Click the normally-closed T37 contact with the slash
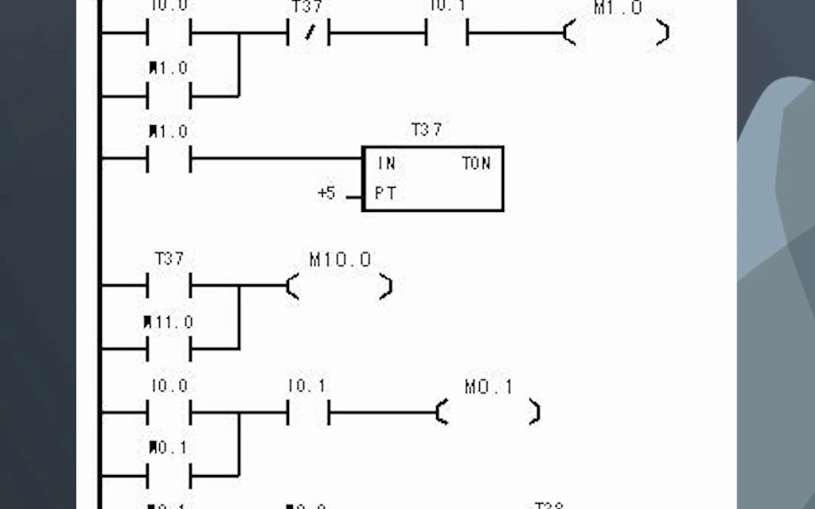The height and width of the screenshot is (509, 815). (x=309, y=34)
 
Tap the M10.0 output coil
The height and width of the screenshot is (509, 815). (x=340, y=287)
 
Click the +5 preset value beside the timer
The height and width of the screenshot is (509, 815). (x=326, y=194)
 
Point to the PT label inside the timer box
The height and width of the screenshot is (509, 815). (x=386, y=194)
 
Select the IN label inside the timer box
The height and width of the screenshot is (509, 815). (x=386, y=163)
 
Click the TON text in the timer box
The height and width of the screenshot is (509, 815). (x=476, y=163)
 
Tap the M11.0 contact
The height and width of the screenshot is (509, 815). (x=169, y=349)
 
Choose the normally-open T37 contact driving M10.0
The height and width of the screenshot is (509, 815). (x=169, y=287)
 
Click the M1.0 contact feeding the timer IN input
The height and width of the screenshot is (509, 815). (x=169, y=159)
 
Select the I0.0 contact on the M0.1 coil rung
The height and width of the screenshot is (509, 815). (x=169, y=412)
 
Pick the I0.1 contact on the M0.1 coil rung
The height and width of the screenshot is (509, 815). (x=308, y=412)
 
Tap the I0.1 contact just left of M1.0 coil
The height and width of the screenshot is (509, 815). (x=447, y=34)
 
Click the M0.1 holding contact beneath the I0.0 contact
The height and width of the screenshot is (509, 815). (x=169, y=476)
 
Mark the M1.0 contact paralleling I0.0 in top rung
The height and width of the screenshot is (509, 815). (x=169, y=97)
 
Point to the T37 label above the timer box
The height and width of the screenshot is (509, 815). (x=426, y=130)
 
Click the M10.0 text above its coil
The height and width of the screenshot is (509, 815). (x=340, y=260)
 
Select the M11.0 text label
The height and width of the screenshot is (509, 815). (x=169, y=323)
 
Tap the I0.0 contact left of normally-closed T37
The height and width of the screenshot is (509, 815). (x=169, y=34)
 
